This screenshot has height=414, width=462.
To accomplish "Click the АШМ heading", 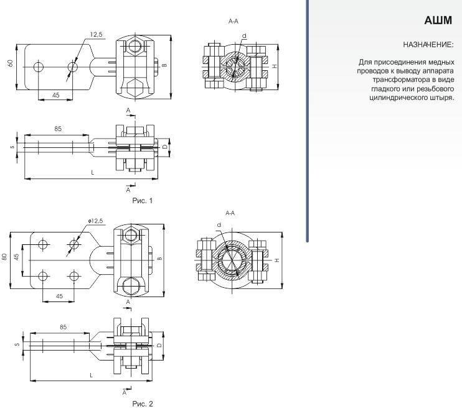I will pos(438,22).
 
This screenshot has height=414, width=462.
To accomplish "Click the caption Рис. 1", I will pos(143,200).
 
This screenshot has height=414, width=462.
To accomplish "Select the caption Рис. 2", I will pos(143,404).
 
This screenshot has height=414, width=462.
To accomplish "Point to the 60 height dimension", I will pos(11,64).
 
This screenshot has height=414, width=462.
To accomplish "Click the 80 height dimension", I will pos(5,257).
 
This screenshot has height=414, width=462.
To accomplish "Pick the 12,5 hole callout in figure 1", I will pos(95,35).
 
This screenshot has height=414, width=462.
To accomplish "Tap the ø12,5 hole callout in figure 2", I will pos(96,221).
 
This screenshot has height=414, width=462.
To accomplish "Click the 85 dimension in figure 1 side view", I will pos(57,129).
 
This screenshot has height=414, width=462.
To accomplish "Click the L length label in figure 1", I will pos(92,172).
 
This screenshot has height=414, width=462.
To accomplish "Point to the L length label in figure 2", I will pos(92,375).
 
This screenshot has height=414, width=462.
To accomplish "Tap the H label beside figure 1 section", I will pos(275,65).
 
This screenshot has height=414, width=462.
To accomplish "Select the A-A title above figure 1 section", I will pos(233,22).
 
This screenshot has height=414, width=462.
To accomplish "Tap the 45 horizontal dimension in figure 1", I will pos(55,95).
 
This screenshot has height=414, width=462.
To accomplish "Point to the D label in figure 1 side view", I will pos(165,147).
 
